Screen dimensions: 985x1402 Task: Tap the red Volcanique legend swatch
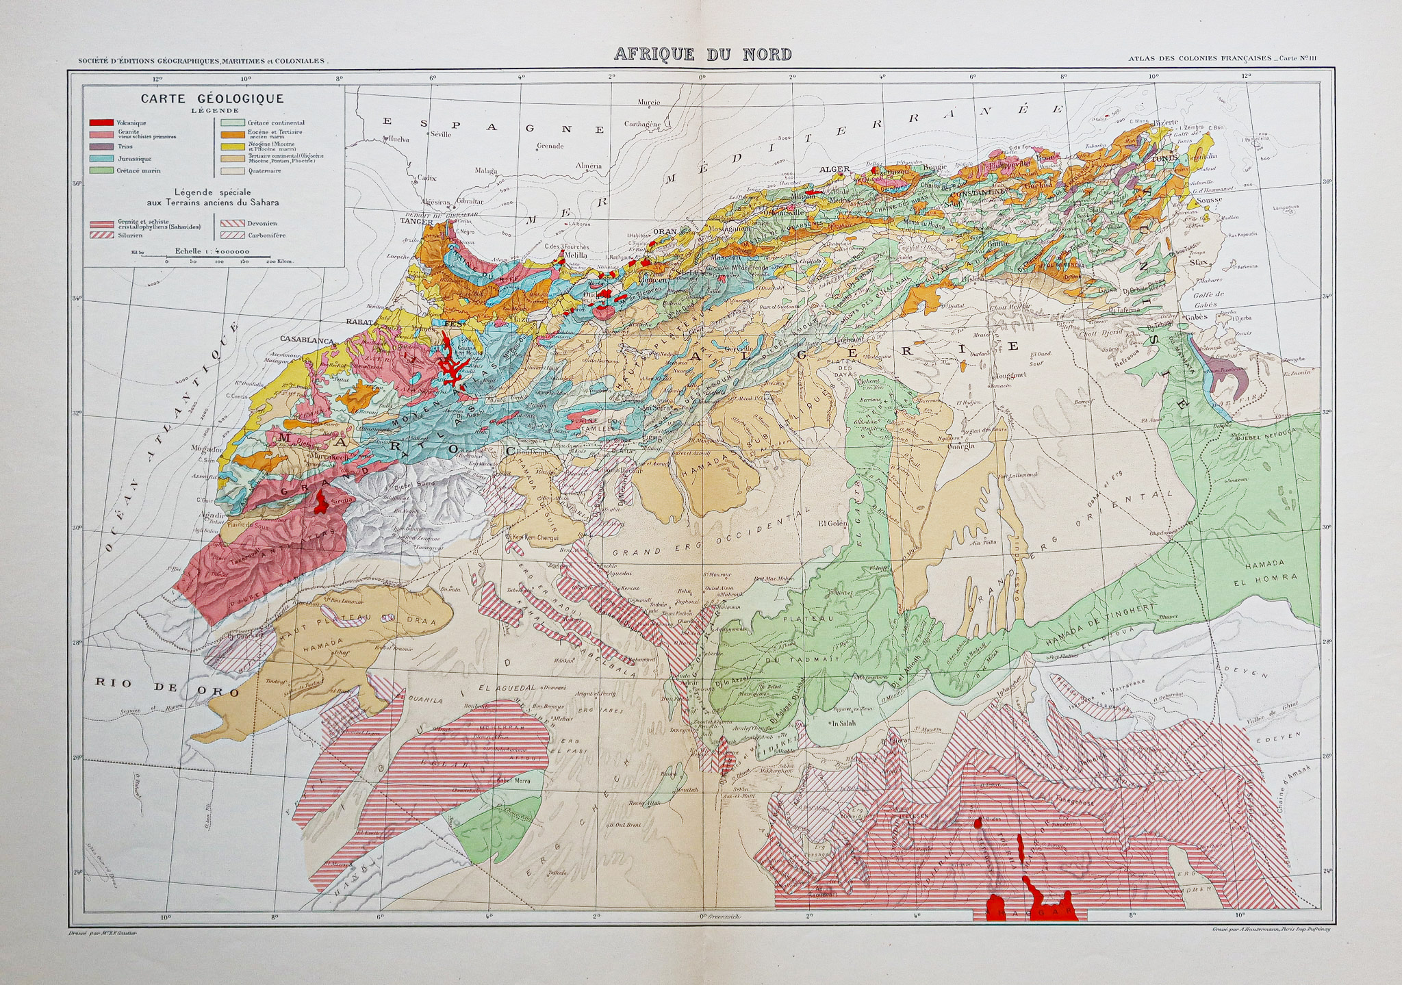point(101,123)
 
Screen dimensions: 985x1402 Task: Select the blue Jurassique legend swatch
point(101,158)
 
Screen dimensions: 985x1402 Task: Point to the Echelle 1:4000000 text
point(212,251)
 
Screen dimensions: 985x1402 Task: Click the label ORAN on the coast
point(664,232)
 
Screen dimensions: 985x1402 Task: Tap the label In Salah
point(845,723)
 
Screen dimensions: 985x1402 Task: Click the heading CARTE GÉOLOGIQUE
point(212,99)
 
